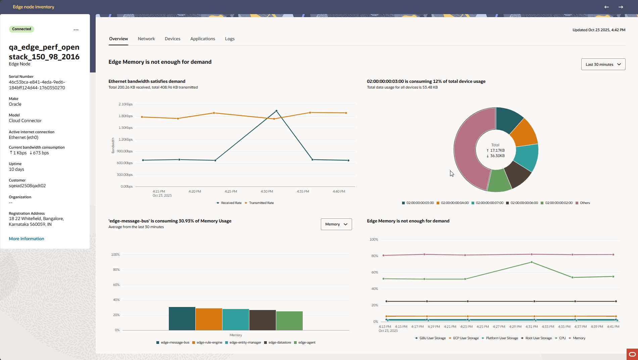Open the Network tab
point(146,39)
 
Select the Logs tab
point(230,39)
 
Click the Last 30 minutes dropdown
point(603,64)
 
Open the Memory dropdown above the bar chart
point(336,224)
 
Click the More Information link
point(27,239)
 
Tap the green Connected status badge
point(21,29)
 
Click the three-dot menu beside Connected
point(76,30)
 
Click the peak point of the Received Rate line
point(276,111)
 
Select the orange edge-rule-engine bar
point(209,319)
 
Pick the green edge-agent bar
point(289,321)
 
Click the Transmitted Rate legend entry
point(261,203)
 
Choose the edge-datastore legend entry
point(279,343)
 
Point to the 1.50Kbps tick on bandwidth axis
point(126,128)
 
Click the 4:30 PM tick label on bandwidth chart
point(267,192)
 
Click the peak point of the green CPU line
point(532,262)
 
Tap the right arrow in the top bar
point(621,7)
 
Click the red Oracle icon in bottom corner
point(632,354)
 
